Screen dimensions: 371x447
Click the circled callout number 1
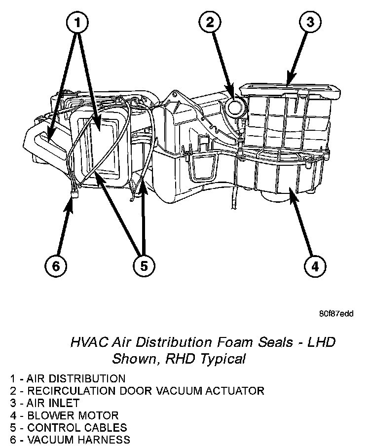(77, 22)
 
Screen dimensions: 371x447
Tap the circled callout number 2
(210, 22)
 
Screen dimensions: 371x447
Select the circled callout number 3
(310, 22)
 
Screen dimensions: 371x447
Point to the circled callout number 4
(315, 266)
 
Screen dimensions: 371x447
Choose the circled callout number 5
(144, 266)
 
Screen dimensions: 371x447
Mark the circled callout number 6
(56, 266)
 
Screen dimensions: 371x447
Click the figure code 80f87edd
(336, 314)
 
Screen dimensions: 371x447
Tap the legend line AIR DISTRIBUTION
(68, 378)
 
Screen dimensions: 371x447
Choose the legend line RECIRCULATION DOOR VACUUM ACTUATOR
(137, 391)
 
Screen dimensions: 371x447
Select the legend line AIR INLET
(45, 403)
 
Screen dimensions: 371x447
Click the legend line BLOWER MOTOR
(64, 415)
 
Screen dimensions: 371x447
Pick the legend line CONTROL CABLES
(69, 428)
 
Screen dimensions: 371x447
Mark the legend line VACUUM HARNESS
(70, 440)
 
